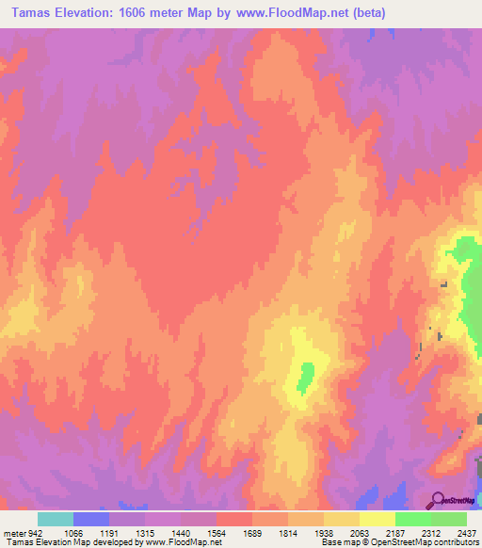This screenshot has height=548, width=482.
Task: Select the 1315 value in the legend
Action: click(x=146, y=532)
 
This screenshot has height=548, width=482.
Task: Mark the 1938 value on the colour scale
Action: click(x=325, y=532)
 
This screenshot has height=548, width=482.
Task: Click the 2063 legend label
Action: click(x=361, y=532)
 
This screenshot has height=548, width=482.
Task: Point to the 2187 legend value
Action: click(x=396, y=532)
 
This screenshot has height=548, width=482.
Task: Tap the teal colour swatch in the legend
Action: click(x=56, y=519)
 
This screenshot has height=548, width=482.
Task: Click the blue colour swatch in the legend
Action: click(x=91, y=519)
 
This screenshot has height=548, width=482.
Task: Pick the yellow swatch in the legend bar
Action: click(x=378, y=519)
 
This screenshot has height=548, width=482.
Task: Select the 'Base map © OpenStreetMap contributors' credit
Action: click(x=398, y=543)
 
